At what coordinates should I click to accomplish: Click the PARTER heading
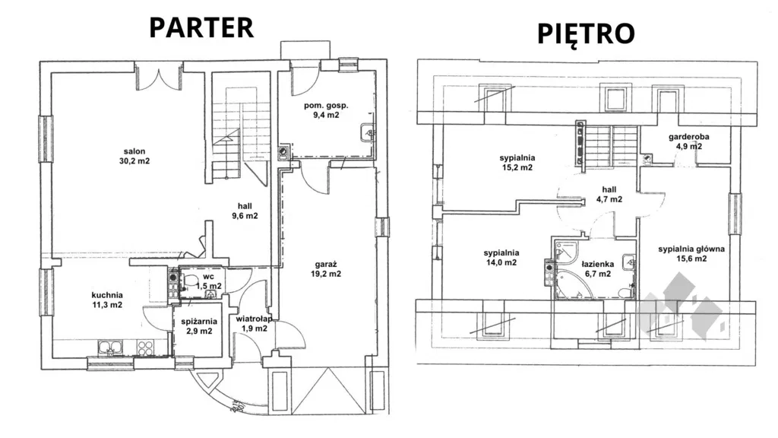(201, 27)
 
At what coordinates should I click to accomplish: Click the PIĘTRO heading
(586, 33)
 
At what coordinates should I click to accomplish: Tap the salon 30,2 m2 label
(134, 156)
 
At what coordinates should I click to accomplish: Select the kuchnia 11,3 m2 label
(107, 300)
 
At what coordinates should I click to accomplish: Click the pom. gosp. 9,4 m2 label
(326, 109)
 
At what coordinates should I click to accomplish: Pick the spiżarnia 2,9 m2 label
(199, 326)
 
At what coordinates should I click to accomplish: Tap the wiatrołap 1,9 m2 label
(255, 323)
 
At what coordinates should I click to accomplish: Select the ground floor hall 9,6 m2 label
(245, 211)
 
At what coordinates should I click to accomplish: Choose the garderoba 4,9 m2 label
(688, 141)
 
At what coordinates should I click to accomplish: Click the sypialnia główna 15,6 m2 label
(691, 254)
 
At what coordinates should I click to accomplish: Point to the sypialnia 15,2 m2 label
(517, 163)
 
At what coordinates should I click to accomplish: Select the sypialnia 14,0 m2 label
(501, 257)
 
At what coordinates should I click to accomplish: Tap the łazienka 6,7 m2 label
(598, 268)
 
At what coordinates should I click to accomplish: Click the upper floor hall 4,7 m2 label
(609, 194)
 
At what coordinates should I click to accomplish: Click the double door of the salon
(158, 78)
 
